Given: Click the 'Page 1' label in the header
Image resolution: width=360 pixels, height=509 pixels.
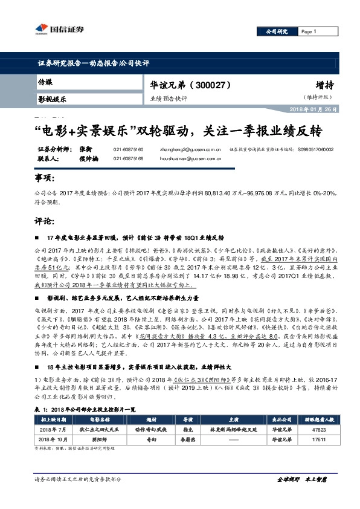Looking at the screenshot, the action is (x=308, y=31).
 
